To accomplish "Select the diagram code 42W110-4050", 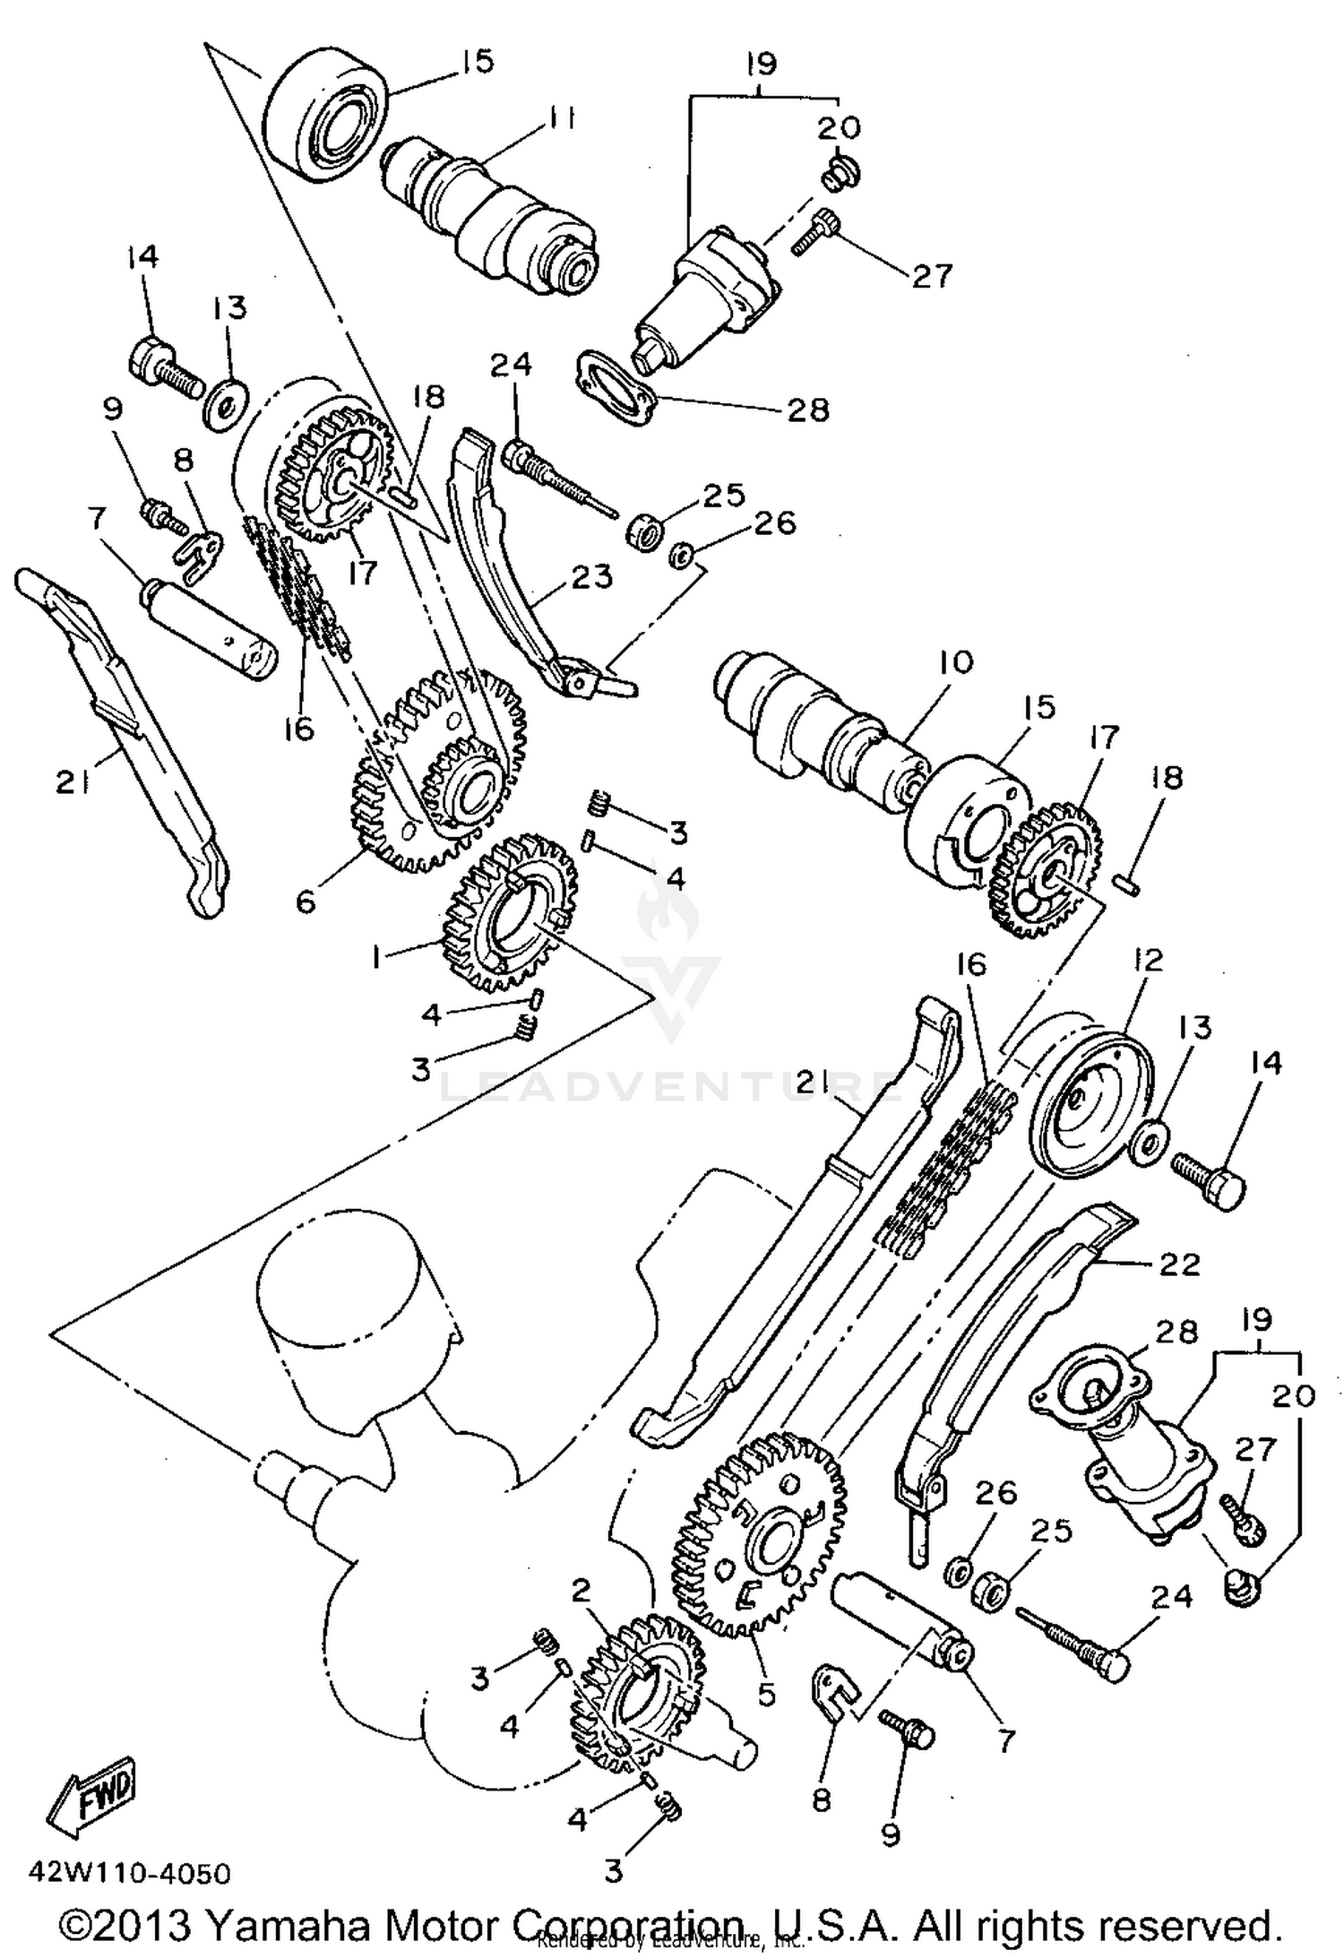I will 129,1875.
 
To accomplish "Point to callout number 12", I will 1147,960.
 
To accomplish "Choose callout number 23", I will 592,575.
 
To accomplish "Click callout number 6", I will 306,901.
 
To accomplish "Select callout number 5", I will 765,1695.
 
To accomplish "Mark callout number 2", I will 581,1591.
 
